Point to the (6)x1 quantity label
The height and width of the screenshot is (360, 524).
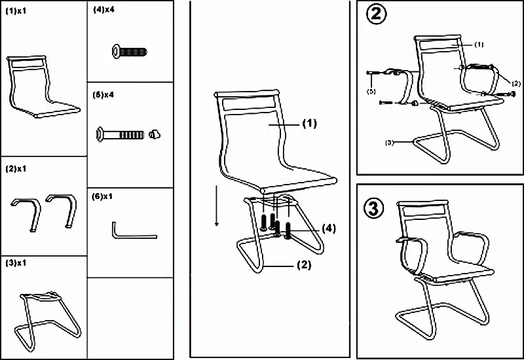(103, 196)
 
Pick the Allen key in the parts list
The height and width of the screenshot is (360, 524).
(132, 231)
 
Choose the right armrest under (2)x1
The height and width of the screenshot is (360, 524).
(62, 208)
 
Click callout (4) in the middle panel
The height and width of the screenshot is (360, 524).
(328, 228)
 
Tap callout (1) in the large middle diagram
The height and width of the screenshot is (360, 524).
(309, 123)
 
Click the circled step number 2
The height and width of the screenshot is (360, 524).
(375, 15)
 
